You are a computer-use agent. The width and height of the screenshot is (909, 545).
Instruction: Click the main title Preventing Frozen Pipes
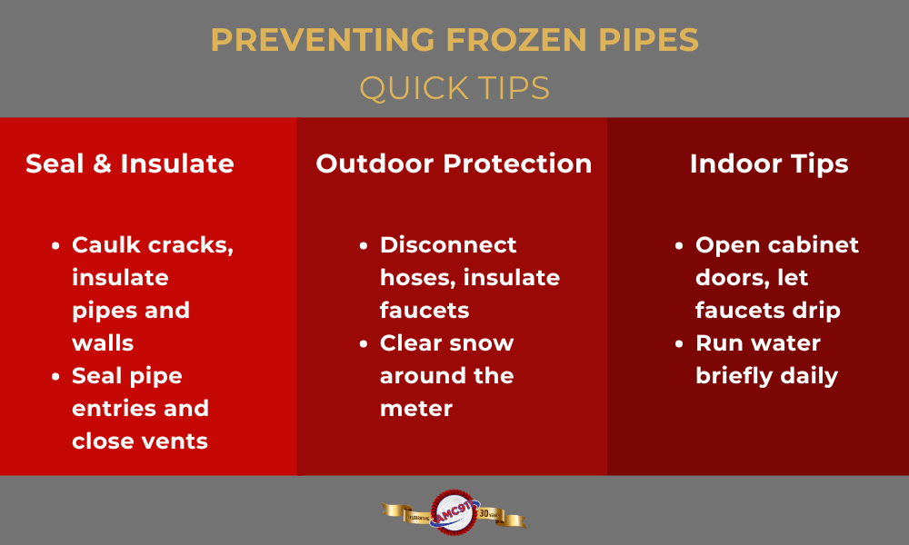coord(454,41)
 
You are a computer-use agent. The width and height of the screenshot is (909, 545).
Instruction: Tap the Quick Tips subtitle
coord(454,88)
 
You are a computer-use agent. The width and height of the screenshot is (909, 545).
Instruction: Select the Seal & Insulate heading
coord(130,163)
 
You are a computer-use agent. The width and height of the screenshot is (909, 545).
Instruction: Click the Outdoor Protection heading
coord(454,163)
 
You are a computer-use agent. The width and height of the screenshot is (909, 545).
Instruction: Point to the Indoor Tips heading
coord(769,163)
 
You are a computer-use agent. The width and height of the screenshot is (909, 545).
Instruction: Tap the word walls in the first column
coord(103,343)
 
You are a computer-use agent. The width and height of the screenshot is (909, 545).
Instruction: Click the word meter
coord(416,409)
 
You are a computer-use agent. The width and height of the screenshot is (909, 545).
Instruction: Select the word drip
coord(814,311)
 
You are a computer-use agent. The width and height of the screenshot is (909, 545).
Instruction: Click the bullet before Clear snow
coord(365,343)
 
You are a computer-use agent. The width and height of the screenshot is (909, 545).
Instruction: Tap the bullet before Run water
coord(680,343)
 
